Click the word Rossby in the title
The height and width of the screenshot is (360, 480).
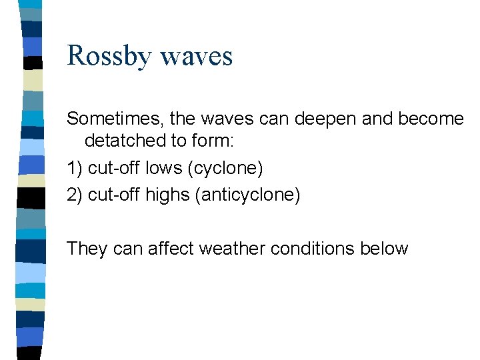point(109,56)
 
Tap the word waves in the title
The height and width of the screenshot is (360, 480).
point(197,56)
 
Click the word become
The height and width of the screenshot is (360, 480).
point(431,119)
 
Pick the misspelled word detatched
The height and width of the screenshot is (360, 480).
point(125,141)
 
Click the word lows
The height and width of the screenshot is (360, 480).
point(163,168)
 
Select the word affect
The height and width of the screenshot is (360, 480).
point(172,249)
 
